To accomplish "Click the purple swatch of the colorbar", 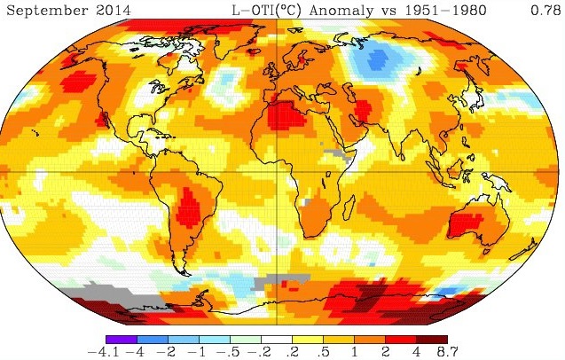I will tap(121, 339).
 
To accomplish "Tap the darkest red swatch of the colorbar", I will tap(433, 339).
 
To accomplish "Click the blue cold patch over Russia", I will tap(380, 60).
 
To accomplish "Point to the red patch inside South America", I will tap(188, 211).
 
